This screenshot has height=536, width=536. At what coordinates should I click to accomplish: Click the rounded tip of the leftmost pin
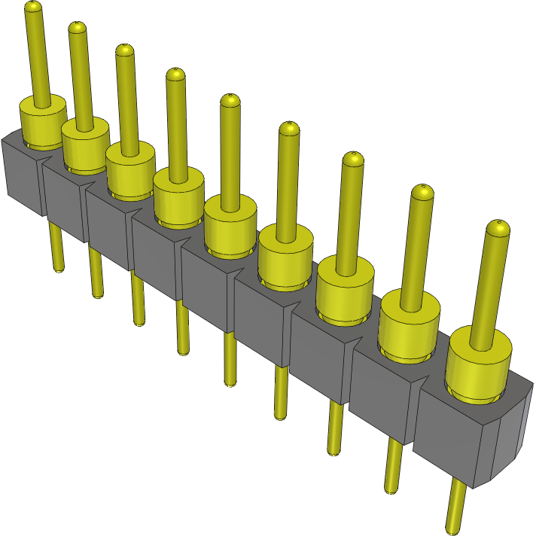click(x=32, y=8)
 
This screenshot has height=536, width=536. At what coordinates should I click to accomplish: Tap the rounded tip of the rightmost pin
click(x=498, y=227)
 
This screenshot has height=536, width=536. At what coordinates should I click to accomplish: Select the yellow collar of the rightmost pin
click(x=479, y=370)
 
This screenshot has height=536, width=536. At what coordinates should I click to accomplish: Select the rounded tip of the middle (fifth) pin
click(x=230, y=101)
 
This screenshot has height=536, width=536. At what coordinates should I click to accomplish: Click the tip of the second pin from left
click(x=78, y=28)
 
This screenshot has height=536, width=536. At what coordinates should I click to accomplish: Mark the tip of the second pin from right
click(x=422, y=191)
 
